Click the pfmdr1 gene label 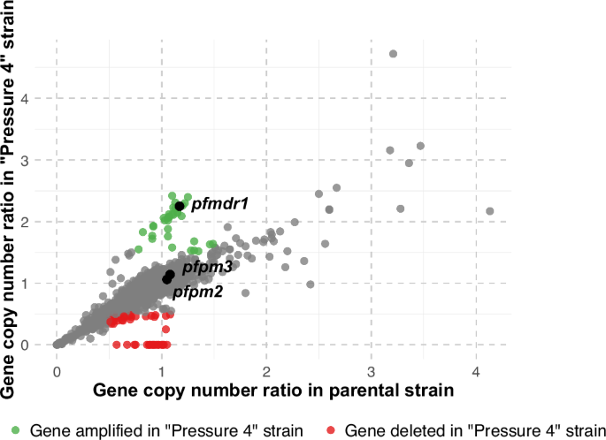219,204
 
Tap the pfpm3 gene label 208,266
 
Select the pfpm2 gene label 197,291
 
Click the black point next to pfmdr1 180,206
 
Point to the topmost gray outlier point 394,54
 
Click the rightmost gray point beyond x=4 490,211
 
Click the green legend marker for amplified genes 17,430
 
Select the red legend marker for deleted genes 331,430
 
